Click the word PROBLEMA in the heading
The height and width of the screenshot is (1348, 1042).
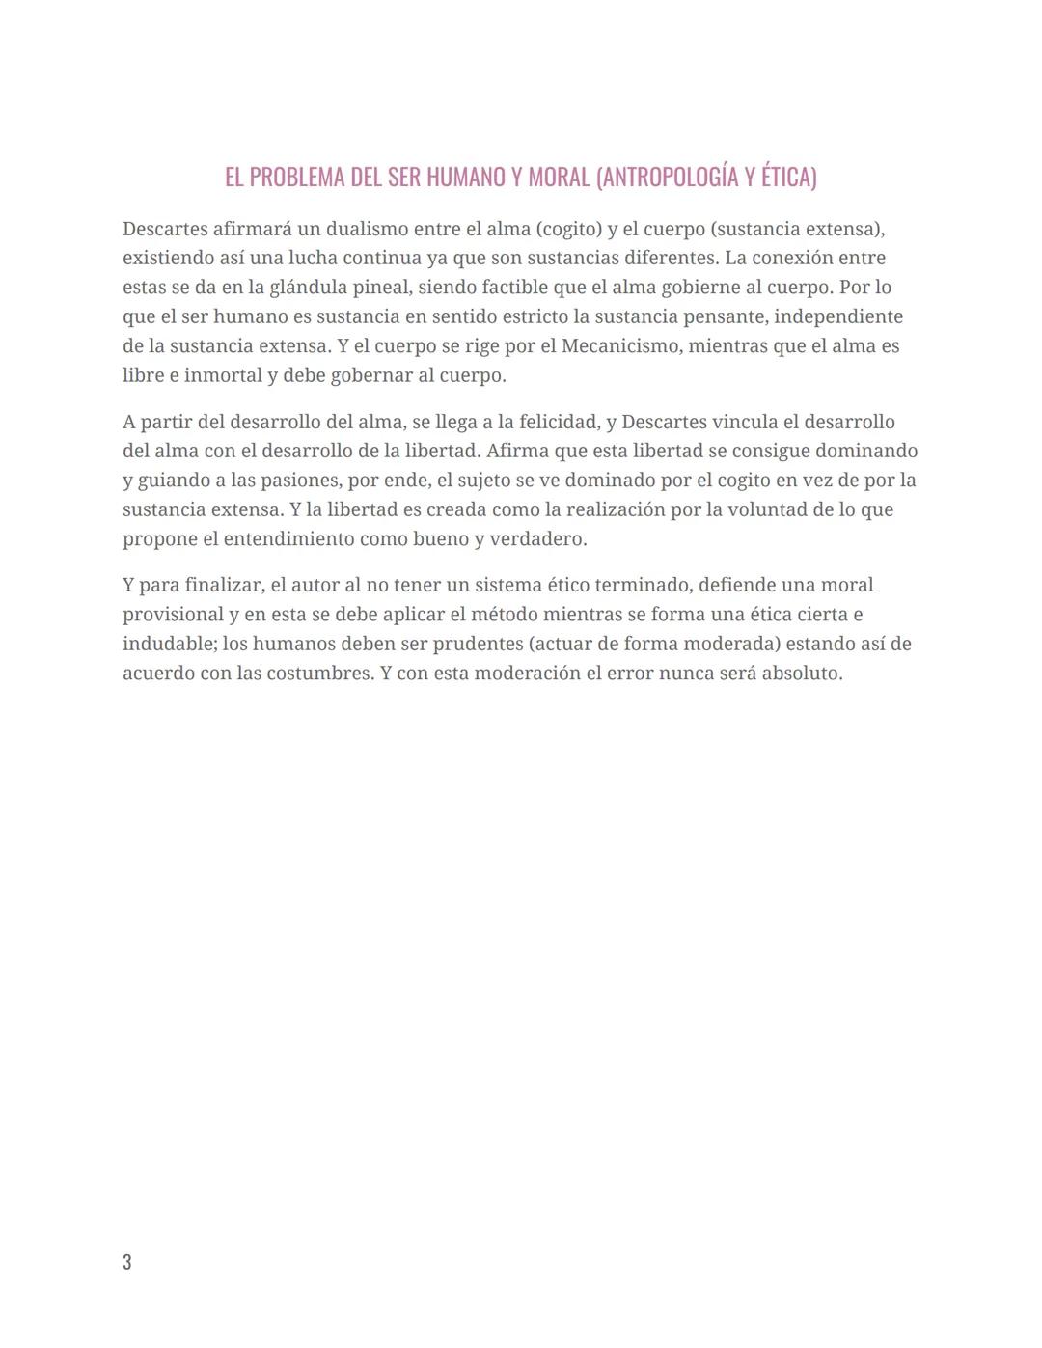[x=294, y=178]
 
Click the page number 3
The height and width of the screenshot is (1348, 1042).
[x=127, y=1262]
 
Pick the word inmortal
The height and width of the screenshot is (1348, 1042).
[x=222, y=375]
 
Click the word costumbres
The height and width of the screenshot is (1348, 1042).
[x=318, y=673]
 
